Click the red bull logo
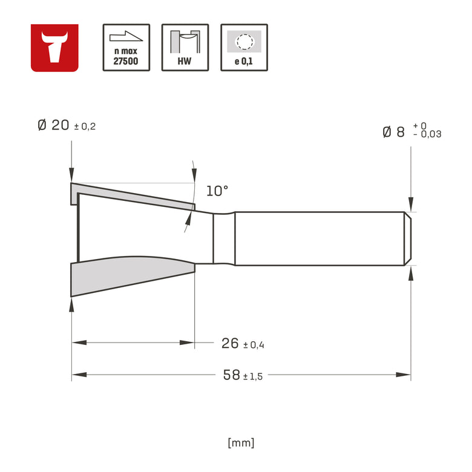[x=54, y=48]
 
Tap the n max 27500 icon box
[x=126, y=48]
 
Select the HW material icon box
[x=185, y=48]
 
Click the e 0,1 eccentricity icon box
[x=244, y=48]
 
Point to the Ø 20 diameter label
[x=54, y=125]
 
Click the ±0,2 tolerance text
[x=85, y=126]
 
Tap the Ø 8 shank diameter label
[x=393, y=132]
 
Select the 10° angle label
[x=217, y=191]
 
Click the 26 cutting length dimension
[x=230, y=343]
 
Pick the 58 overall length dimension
[x=232, y=375]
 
